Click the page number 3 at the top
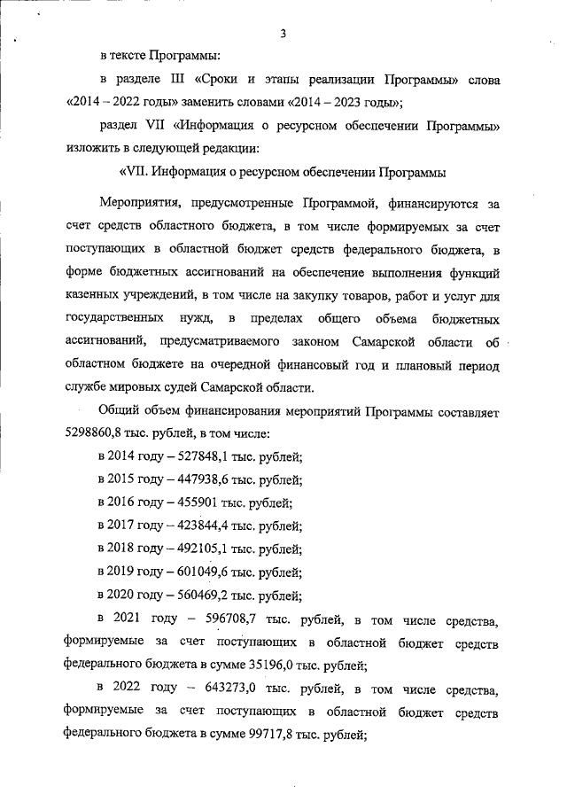click(x=283, y=35)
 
